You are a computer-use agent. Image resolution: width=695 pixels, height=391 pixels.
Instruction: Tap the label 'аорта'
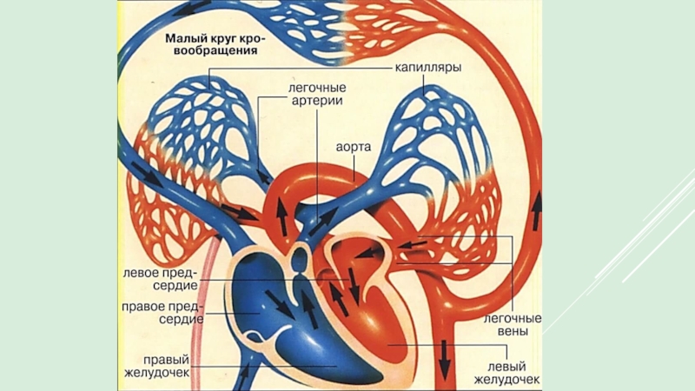click(354, 147)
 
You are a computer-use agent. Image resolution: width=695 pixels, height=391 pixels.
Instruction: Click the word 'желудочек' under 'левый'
click(507, 379)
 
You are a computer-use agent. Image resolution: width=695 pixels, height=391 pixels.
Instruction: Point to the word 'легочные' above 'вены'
click(512, 319)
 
